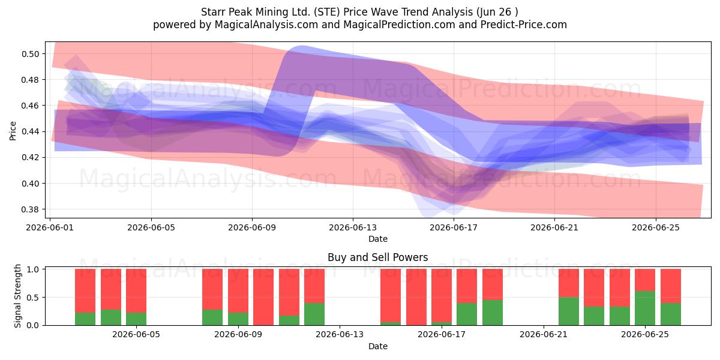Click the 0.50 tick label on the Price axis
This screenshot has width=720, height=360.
tap(30, 54)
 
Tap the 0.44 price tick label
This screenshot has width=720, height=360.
tap(30, 132)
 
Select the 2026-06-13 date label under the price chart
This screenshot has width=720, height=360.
tap(353, 227)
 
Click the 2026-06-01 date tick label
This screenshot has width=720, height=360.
tap(50, 227)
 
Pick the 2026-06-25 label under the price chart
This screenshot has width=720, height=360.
tap(656, 227)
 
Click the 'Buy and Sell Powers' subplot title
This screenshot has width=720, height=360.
tap(377, 257)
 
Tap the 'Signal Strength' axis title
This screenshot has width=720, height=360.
tap(17, 296)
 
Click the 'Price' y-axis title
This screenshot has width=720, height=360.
tap(13, 131)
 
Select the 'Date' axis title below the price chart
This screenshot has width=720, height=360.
tap(377, 239)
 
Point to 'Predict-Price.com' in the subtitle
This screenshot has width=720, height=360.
tap(524, 25)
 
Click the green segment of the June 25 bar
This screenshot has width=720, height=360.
tap(645, 308)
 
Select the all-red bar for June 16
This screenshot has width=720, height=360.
tap(416, 297)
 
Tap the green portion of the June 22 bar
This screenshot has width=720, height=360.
tap(569, 311)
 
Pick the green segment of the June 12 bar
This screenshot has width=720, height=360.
tap(314, 314)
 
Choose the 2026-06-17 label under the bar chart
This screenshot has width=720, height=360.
tap(442, 334)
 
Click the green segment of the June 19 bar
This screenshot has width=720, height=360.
tap(493, 313)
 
